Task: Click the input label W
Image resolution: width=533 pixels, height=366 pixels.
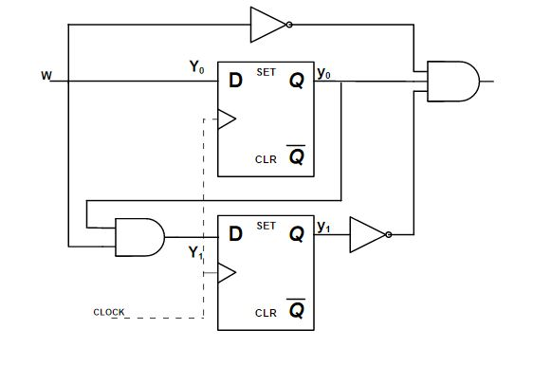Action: point(46,74)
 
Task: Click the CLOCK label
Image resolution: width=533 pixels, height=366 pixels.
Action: point(108,312)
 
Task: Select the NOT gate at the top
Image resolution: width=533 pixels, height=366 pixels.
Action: point(268,26)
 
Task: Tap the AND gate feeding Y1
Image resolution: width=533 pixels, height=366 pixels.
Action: point(138,235)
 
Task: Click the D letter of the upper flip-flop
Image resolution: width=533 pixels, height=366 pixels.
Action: point(234,82)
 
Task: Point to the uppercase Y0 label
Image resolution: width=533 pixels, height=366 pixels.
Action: point(196,67)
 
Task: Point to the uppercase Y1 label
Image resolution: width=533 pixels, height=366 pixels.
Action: point(195,253)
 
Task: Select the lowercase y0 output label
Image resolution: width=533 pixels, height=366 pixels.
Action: point(323,74)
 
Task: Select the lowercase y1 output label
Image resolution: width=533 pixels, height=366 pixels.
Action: point(323,228)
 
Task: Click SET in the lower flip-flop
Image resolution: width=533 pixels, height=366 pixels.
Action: point(266,227)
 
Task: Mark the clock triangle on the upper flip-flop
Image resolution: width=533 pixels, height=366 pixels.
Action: point(226,119)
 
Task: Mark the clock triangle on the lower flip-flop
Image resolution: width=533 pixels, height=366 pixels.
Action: point(226,273)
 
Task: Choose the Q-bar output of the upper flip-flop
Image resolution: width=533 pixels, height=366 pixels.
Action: point(297,156)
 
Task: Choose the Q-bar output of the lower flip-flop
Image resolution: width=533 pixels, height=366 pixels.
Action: point(297,310)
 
